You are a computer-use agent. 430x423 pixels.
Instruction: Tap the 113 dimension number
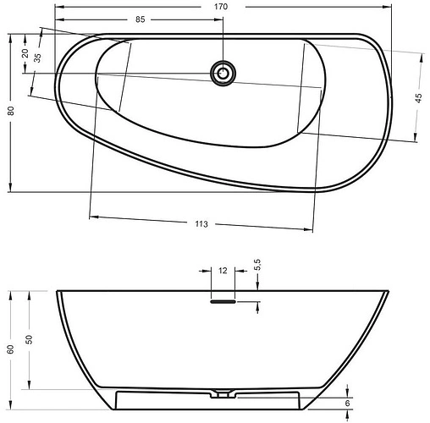coord(201,223)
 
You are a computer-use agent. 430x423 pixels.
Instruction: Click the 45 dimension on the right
coord(418,98)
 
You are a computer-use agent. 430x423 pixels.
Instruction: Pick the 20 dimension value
coord(25,52)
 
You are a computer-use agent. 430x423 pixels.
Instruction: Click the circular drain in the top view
coord(223,73)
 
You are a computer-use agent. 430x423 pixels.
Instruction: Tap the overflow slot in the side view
coord(223,299)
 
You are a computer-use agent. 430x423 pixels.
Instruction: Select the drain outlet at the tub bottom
coord(223,393)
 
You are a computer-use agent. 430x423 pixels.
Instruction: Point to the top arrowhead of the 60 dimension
coord(11,293)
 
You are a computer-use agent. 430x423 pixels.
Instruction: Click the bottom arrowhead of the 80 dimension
coord(10,189)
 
